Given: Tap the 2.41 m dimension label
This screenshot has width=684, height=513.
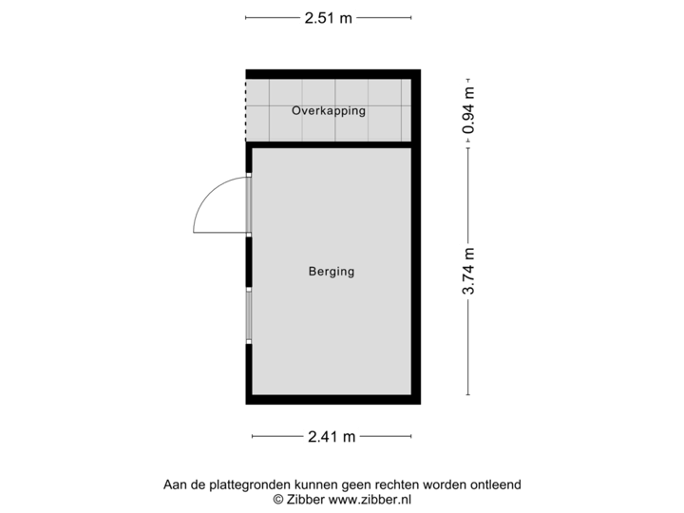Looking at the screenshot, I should [x=332, y=437].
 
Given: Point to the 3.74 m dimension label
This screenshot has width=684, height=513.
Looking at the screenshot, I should [x=467, y=272].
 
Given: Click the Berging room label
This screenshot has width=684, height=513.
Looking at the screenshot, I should [x=331, y=272].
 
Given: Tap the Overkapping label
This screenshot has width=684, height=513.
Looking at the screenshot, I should [x=329, y=111].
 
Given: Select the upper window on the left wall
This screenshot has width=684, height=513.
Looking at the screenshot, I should [x=249, y=204].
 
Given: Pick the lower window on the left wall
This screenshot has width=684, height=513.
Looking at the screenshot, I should [x=249, y=314].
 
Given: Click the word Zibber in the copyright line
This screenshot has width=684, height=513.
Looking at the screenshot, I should [x=304, y=498].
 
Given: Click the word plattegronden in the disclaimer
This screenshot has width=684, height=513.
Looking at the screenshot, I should [x=241, y=485].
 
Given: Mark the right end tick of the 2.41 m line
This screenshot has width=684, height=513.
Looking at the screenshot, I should [x=411, y=437].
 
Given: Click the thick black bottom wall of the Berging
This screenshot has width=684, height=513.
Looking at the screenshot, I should [x=332, y=400].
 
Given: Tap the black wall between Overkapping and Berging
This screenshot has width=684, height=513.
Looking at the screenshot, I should [x=332, y=143].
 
